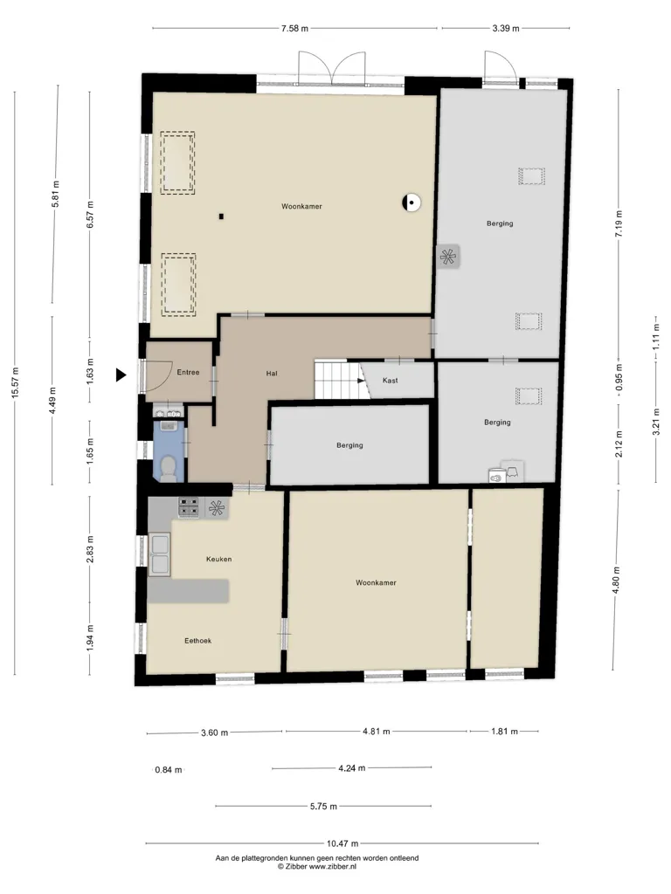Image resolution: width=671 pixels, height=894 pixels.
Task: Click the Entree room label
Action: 188,372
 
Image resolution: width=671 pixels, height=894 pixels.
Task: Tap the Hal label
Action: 272,374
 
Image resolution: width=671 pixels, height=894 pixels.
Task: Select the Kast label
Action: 391,381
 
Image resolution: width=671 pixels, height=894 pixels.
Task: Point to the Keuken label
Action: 218,559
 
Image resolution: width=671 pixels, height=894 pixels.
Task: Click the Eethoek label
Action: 198,641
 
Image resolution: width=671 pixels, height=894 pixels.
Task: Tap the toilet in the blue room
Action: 169,468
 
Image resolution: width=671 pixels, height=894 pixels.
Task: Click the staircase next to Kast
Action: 338,379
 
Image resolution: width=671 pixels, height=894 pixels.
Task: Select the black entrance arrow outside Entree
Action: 121,375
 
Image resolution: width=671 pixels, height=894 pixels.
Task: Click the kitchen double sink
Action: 160,554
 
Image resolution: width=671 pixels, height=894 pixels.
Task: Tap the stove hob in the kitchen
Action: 189,507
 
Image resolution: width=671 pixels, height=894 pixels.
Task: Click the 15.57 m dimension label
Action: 16,382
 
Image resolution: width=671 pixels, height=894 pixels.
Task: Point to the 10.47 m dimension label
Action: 342,843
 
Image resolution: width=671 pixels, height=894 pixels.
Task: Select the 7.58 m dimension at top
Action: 294,28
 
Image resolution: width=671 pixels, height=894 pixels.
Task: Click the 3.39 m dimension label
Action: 506,28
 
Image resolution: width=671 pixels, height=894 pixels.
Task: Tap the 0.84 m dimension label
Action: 169,770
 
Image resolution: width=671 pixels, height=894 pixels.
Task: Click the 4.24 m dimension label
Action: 351,768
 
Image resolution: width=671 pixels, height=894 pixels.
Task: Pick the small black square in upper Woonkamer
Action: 221,217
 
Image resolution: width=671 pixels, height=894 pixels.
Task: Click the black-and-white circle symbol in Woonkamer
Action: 411,202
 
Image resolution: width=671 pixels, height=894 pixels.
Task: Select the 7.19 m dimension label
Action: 619,223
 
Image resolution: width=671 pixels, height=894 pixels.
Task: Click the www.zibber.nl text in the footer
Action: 333,866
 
